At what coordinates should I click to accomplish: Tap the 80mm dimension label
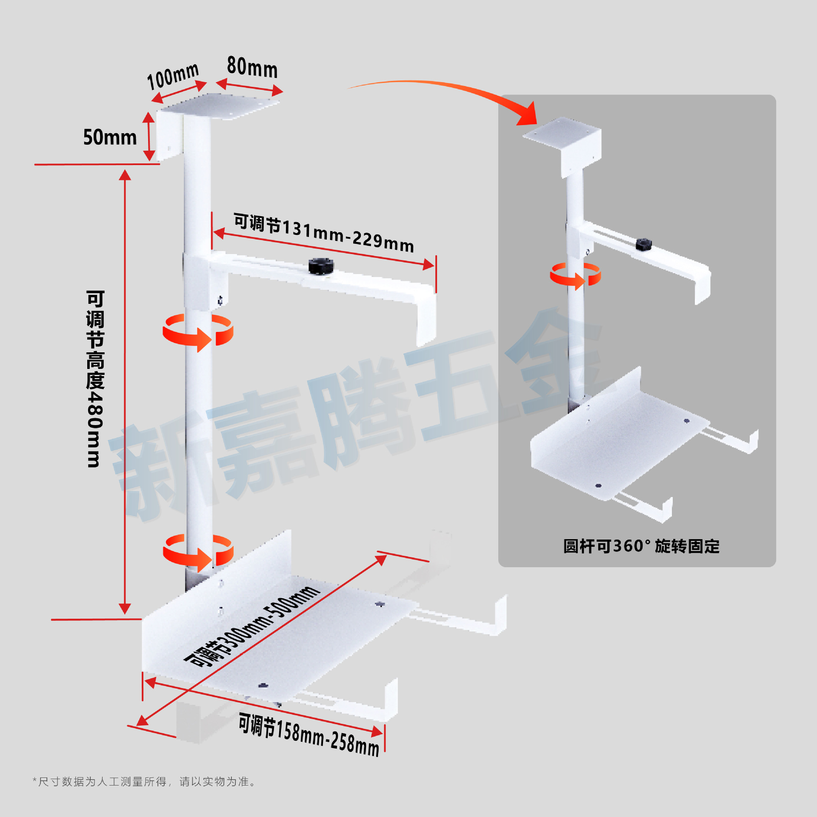[x=252, y=67]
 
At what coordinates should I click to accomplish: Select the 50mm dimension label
[x=110, y=137]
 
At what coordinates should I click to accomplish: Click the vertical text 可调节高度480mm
[x=95, y=379]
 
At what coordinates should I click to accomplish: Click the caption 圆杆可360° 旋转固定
[x=641, y=546]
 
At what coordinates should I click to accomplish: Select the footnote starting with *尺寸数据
[x=145, y=781]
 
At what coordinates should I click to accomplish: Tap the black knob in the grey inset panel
[x=644, y=244]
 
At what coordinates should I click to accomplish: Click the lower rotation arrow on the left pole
[x=198, y=552]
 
